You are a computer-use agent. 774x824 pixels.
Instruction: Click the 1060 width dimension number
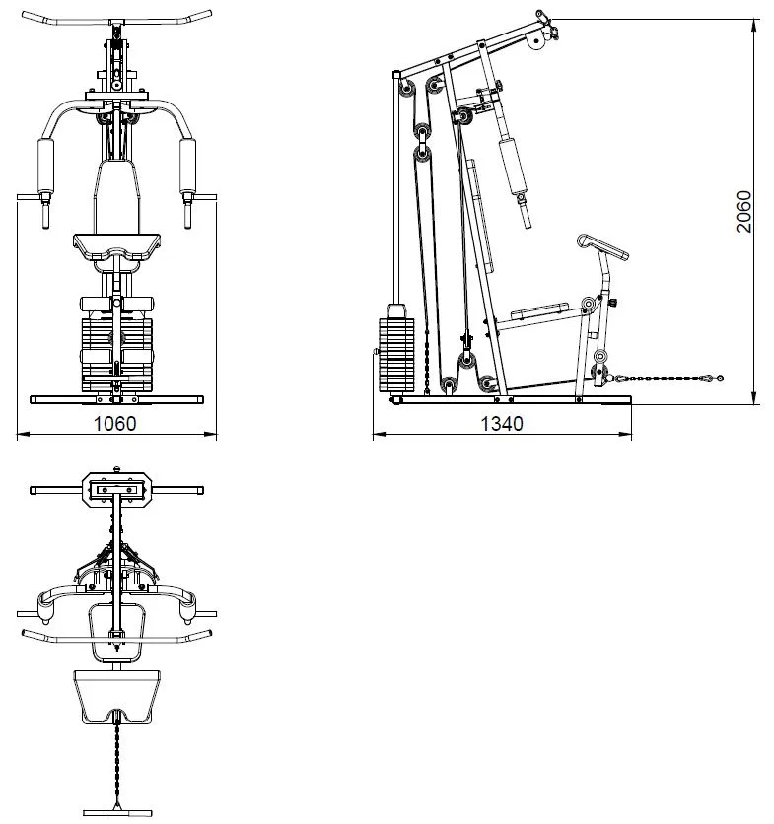tap(114, 423)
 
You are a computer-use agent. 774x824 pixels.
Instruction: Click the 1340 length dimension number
tap(502, 423)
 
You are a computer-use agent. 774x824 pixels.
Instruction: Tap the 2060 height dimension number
tap(744, 211)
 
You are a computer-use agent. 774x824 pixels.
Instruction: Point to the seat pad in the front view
tap(116, 247)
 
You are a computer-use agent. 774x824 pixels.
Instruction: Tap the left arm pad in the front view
tap(45, 167)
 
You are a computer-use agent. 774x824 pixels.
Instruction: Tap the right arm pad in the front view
tap(187, 167)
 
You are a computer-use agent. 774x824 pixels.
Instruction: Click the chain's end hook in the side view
tap(716, 378)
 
